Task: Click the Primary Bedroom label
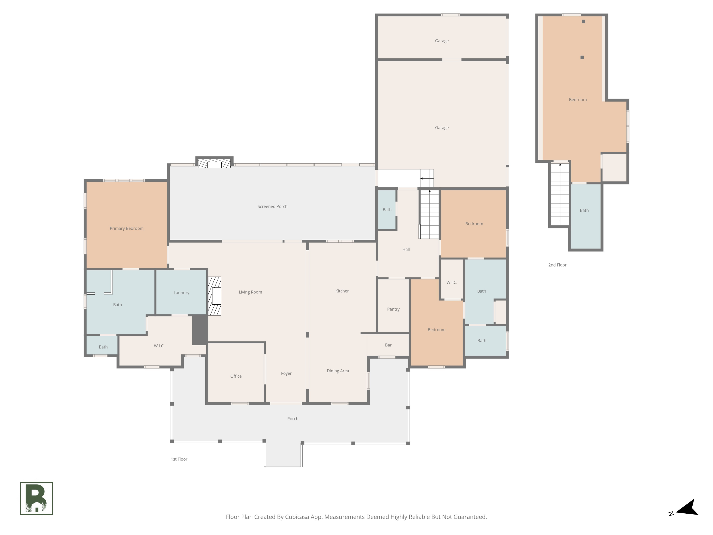[x=126, y=228]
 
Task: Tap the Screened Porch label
[x=272, y=206]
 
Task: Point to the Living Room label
[x=250, y=292]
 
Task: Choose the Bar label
[x=388, y=345]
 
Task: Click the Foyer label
[x=286, y=374]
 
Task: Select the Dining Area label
[x=337, y=371]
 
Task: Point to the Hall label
[x=406, y=249]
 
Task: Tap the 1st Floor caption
[x=179, y=459]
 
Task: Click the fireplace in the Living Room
[x=215, y=296]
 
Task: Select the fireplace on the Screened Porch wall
[x=214, y=164]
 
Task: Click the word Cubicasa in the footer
[x=297, y=517]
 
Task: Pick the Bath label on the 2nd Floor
[x=584, y=210]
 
